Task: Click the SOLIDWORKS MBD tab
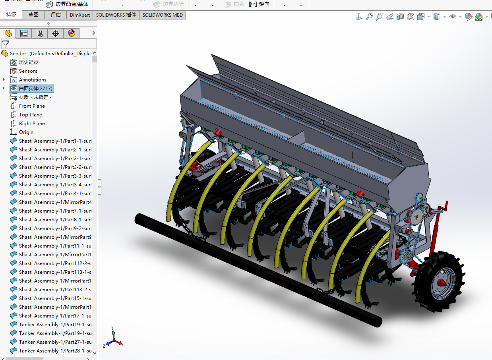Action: (x=163, y=15)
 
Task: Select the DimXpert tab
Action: (x=80, y=15)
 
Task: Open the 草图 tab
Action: (x=33, y=15)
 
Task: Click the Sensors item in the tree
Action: (x=28, y=71)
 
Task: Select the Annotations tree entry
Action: (x=33, y=80)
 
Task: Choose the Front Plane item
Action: (x=32, y=106)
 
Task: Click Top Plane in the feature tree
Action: (x=30, y=115)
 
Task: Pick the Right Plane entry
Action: (x=32, y=124)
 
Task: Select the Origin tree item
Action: (x=26, y=132)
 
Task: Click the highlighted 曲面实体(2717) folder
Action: (x=35, y=89)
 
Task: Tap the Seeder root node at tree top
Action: (x=18, y=54)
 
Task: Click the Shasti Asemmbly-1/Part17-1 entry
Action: (x=55, y=316)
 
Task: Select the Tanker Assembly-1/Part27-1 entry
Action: (x=55, y=342)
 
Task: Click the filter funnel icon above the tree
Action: (x=6, y=44)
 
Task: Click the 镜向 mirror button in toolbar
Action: (x=260, y=4)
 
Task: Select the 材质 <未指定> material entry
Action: (x=35, y=97)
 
